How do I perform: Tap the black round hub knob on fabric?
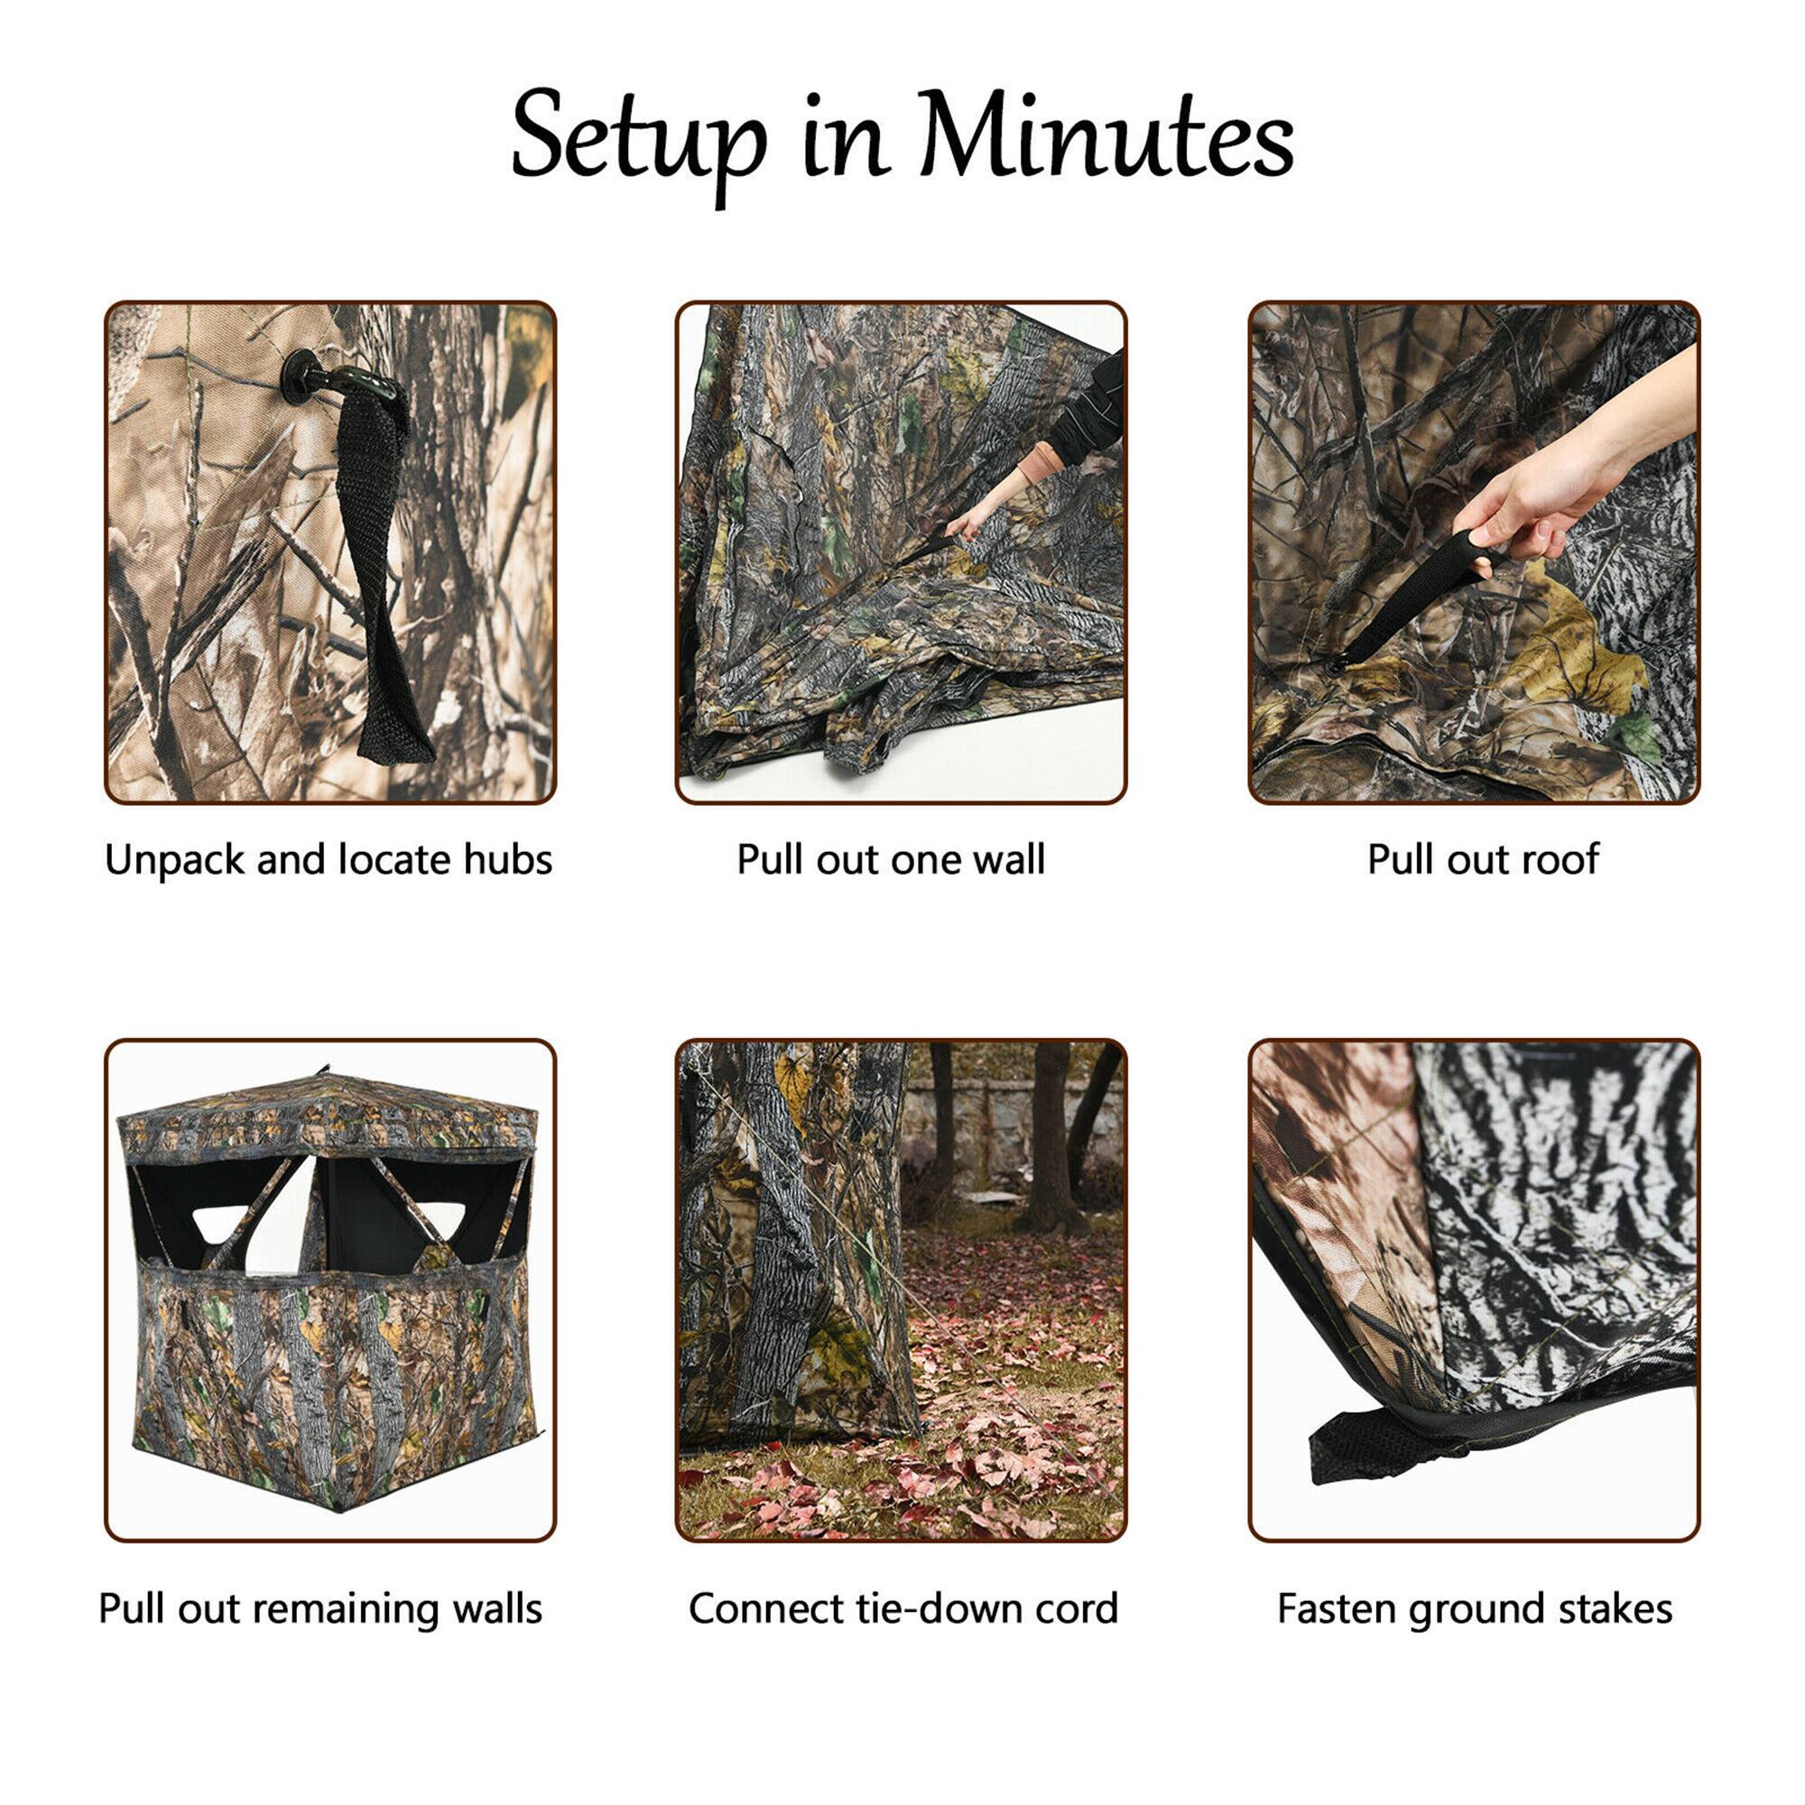pyautogui.click(x=301, y=376)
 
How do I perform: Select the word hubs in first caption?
pyautogui.click(x=508, y=859)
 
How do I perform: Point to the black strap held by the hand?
pyautogui.click(x=1411, y=598)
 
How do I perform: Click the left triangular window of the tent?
pyautogui.click(x=220, y=1223)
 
